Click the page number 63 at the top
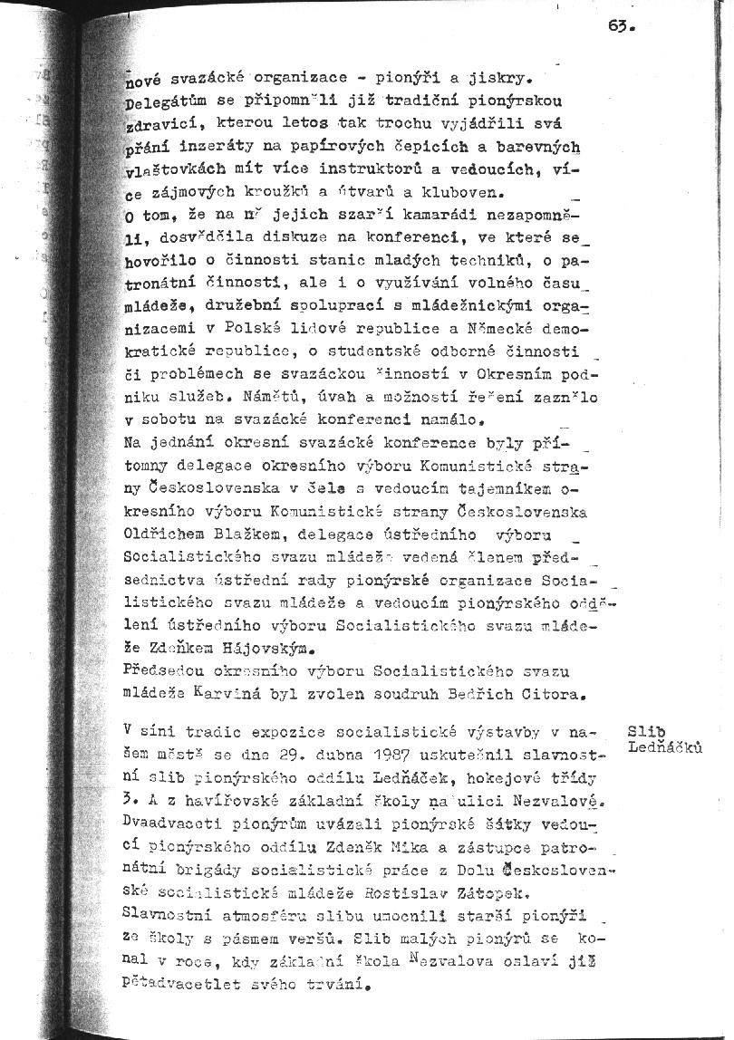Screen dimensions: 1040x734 [x=619, y=26]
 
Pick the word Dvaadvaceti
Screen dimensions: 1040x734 [x=170, y=825]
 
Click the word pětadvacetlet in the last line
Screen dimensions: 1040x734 [x=179, y=989]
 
